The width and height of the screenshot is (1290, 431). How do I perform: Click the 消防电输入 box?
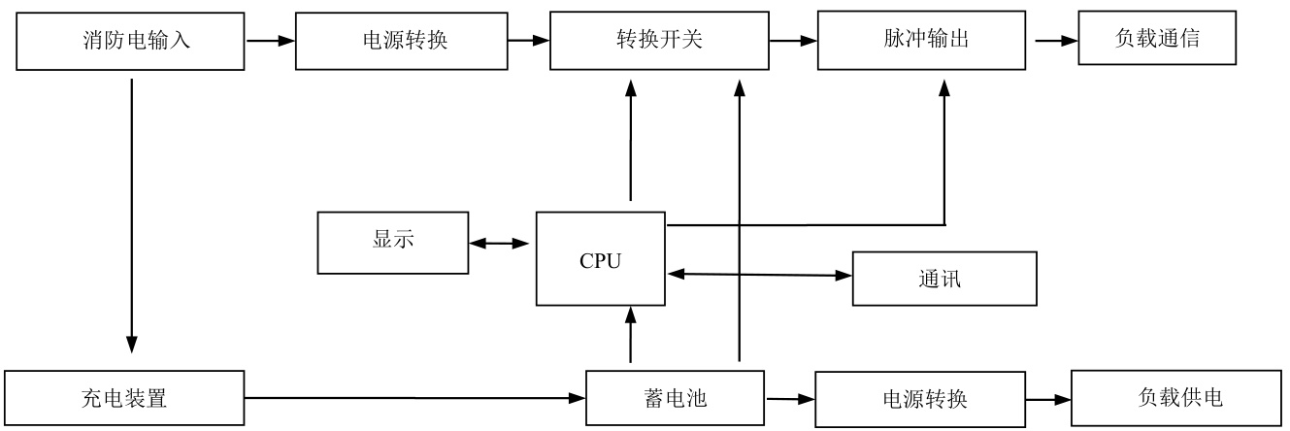point(131,41)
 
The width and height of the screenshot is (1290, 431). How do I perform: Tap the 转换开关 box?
point(659,41)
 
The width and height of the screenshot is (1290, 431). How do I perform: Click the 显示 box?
point(393,242)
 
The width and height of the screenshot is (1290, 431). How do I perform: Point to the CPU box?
point(600,260)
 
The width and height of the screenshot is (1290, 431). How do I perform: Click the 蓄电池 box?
point(675,398)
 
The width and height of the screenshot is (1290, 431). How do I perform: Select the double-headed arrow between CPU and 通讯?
point(760,275)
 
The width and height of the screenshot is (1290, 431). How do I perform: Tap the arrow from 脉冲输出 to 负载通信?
point(1057,41)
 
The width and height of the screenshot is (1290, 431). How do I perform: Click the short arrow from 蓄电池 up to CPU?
point(631,336)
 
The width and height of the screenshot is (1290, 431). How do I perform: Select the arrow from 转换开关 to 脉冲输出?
point(792,41)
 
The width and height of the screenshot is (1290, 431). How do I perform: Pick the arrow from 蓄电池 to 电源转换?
point(791,399)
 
